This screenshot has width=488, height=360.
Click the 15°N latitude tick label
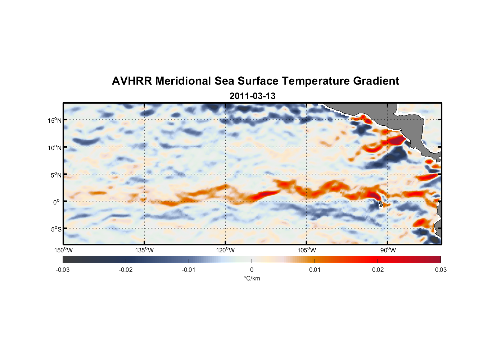coord(55,120)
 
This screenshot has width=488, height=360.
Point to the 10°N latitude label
coord(55,148)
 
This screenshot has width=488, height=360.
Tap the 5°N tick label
coord(56,175)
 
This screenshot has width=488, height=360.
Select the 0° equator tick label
coord(57,202)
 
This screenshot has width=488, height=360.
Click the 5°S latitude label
coord(56,229)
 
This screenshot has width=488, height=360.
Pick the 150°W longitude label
coord(63,250)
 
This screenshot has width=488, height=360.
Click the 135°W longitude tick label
coord(144,250)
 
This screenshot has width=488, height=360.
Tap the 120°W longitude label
coord(225,250)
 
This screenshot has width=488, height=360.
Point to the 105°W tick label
coord(307,250)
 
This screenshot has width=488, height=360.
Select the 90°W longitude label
coord(388,250)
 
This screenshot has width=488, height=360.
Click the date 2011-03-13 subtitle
coord(252,96)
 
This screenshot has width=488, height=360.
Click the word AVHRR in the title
coord(132,81)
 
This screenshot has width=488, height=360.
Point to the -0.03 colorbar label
coord(63,270)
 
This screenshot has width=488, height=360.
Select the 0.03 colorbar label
coord(440,270)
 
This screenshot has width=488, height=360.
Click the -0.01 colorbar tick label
coord(189,270)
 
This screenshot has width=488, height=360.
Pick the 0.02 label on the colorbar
coord(378,270)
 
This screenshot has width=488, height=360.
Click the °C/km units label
coord(252,278)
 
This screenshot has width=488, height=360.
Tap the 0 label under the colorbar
coord(252,270)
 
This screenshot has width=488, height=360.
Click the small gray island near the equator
coord(380,204)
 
